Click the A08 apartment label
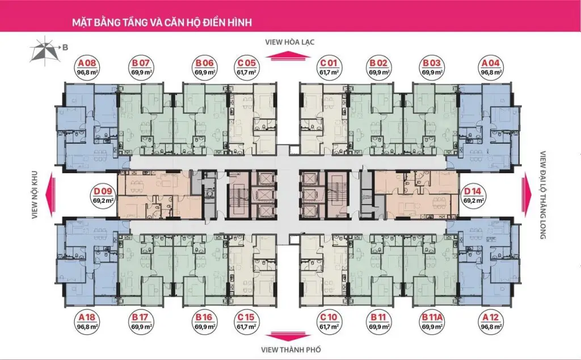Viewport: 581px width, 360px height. [87, 67]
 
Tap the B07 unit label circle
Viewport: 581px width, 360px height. [141, 67]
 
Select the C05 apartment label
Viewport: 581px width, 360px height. [247, 67]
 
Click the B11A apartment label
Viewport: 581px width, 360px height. [432, 321]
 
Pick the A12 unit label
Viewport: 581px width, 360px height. [491, 321]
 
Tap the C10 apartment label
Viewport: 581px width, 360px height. [329, 321]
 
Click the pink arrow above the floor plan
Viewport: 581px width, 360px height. [289, 56]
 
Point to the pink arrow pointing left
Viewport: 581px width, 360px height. [50, 195]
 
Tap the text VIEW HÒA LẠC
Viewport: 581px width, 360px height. [290, 42]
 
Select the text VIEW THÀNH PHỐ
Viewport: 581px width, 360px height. [291, 350]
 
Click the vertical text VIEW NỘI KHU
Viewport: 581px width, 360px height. [35, 195]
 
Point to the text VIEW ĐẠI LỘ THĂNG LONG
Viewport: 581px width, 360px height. [543, 195]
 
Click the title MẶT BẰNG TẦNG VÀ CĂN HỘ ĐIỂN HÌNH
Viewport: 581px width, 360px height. [162, 22]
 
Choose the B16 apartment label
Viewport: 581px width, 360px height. [204, 321]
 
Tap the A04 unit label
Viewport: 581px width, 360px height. [491, 67]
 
